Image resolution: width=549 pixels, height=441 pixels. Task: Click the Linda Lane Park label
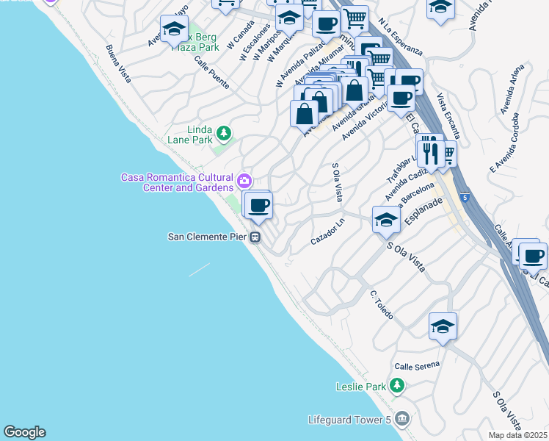pos(199,135)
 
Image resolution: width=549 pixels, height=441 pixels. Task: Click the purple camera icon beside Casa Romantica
pos(244,180)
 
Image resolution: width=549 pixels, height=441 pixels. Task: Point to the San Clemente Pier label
pos(208,237)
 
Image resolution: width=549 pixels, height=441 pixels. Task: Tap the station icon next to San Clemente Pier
pos(255,237)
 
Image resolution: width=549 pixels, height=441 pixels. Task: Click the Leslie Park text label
pos(360,386)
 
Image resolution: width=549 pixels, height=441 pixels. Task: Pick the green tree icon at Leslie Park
pos(397,385)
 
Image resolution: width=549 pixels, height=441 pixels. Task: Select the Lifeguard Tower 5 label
pos(349,420)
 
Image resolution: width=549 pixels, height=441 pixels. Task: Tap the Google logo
pos(24,432)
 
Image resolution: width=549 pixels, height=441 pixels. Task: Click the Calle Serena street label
pos(417,365)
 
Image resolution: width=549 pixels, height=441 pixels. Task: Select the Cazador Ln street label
pos(328,232)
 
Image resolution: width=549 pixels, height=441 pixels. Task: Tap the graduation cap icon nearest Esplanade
pos(386,218)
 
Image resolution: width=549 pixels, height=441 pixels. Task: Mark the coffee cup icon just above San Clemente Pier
pos(258,205)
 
